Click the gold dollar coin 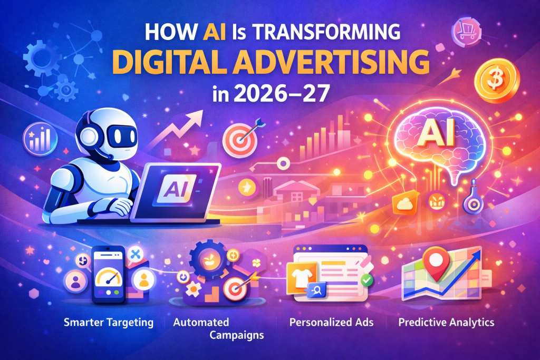click(x=497, y=81)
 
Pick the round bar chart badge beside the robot click(x=40, y=139)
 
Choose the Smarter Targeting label click(x=109, y=323)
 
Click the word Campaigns click(x=237, y=335)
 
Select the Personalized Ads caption click(x=331, y=322)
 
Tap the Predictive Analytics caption click(x=446, y=322)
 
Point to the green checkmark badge click(x=367, y=280)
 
